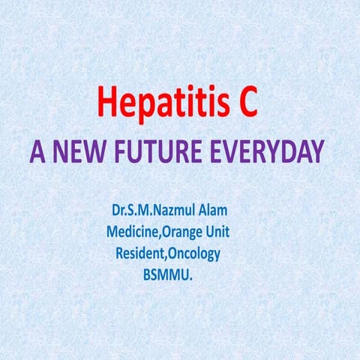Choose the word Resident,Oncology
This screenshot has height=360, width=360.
(167, 254)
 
